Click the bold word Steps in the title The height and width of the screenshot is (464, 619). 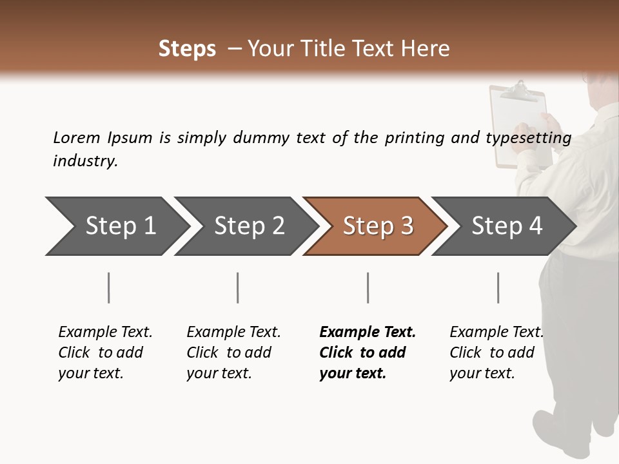pyautogui.click(x=187, y=49)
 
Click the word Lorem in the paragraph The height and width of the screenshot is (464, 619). pyautogui.click(x=77, y=138)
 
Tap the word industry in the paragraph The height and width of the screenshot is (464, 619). pyautogui.click(x=84, y=161)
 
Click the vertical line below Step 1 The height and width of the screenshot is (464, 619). pyautogui.click(x=109, y=287)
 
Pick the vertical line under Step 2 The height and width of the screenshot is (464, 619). pyautogui.click(x=238, y=287)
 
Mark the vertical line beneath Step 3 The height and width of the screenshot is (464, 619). pyautogui.click(x=368, y=287)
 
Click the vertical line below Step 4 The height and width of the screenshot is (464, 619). pyautogui.click(x=498, y=287)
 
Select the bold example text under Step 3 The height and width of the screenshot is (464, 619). pyautogui.click(x=367, y=353)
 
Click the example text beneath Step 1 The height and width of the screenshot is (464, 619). pyautogui.click(x=105, y=353)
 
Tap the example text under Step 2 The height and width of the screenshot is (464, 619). pyautogui.click(x=233, y=353)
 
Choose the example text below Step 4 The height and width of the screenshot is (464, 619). pyautogui.click(x=496, y=353)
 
